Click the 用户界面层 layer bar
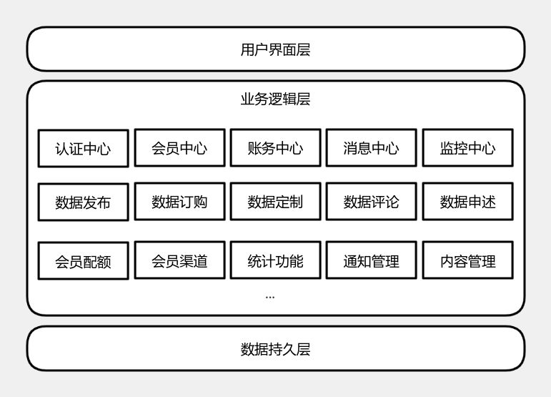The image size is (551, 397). (x=275, y=49)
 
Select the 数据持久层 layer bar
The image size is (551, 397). (x=275, y=348)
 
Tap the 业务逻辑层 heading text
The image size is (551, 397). (x=275, y=99)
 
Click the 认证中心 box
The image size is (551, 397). (x=83, y=149)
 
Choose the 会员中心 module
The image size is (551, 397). (x=179, y=148)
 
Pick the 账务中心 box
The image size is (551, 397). (x=275, y=148)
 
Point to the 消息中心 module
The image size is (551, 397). (x=371, y=148)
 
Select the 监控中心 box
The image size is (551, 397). (x=467, y=148)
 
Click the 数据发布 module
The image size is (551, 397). (x=83, y=202)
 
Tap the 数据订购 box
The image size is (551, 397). (x=179, y=202)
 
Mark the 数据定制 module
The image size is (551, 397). (x=275, y=202)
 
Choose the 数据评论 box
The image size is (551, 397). (x=371, y=202)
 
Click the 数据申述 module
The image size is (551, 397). (x=467, y=202)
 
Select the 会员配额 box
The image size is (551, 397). (x=83, y=261)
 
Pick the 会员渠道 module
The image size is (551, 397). (x=179, y=260)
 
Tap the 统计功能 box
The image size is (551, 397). (x=275, y=260)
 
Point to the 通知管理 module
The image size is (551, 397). (x=371, y=260)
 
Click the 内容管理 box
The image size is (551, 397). (x=467, y=260)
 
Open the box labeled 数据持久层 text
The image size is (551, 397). (x=275, y=349)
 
